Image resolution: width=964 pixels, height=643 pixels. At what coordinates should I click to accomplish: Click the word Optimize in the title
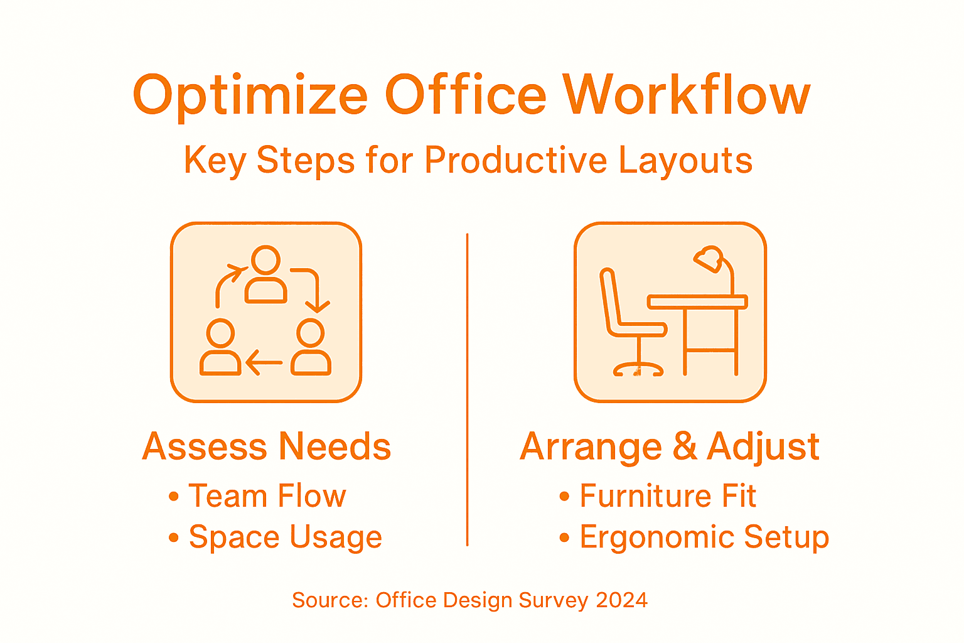coord(250,96)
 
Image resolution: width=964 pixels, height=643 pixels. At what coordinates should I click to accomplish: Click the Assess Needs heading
coord(267,446)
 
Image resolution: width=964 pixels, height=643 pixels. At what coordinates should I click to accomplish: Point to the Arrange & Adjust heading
coord(670,446)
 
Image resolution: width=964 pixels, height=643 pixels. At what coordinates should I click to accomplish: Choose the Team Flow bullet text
coord(267,496)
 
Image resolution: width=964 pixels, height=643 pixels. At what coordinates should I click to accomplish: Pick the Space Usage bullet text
coord(286,537)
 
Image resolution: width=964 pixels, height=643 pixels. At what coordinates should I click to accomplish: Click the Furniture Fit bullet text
coord(668,496)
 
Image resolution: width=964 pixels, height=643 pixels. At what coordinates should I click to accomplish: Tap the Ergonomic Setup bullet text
coord(704,537)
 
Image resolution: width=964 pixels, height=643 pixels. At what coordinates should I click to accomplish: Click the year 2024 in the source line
coord(621,600)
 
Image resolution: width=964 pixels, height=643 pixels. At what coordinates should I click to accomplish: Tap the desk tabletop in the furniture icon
coord(697,302)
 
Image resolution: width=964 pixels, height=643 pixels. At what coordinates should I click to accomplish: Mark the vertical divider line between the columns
coord(468,389)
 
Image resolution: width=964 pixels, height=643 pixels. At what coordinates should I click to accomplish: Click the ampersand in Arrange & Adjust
coord(684,446)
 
